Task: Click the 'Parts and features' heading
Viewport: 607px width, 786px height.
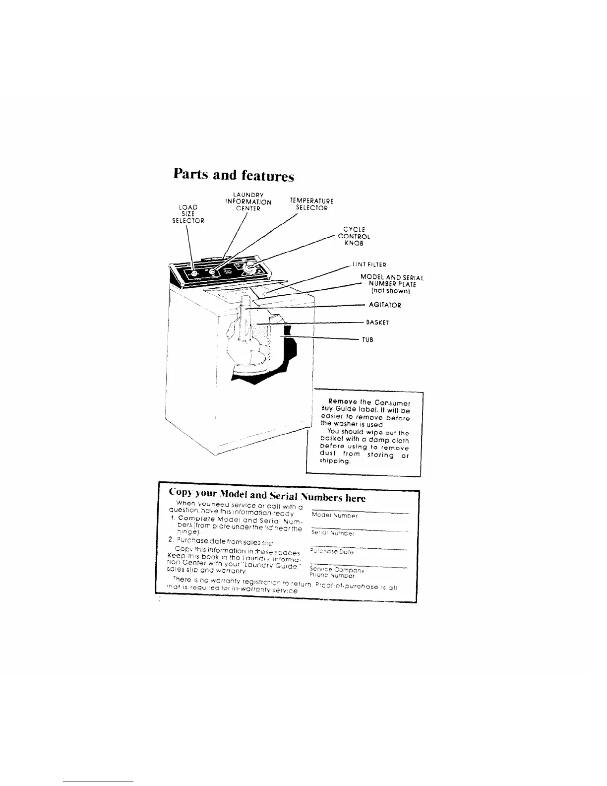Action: [234, 175]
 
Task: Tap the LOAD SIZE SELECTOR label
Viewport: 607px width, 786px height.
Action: [188, 214]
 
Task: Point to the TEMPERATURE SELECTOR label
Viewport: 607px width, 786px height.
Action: [311, 204]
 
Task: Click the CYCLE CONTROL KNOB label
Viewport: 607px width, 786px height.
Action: [354, 236]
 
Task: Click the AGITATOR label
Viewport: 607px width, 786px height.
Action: [385, 305]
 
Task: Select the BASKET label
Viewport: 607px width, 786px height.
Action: [377, 322]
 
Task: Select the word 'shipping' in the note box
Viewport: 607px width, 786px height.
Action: [336, 461]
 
